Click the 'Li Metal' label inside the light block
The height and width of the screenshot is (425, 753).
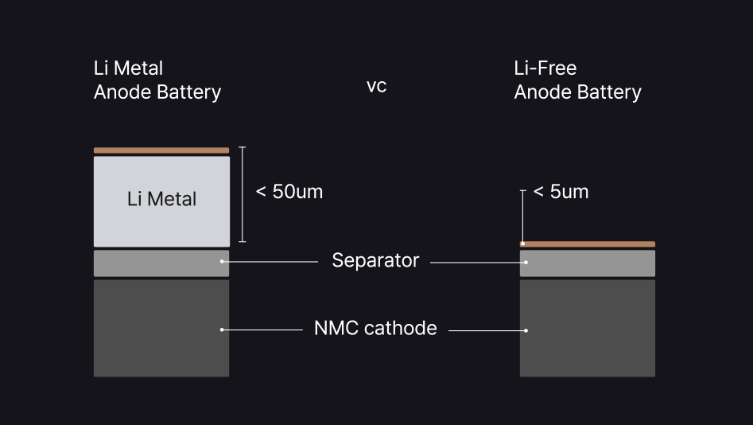coord(161,199)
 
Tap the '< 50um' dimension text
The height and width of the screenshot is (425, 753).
coord(289,192)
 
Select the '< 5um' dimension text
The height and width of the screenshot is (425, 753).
coord(561,192)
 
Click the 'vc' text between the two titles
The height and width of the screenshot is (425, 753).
coord(376,87)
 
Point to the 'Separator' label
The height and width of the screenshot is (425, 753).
coord(375,260)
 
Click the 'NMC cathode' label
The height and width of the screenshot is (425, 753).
coord(375,328)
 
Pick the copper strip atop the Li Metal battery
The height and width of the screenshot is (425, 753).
coord(161,150)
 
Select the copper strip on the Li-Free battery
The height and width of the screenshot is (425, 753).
coord(588,244)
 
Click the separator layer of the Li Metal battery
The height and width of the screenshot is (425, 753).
coord(161,263)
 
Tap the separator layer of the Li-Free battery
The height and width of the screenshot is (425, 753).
coord(588,263)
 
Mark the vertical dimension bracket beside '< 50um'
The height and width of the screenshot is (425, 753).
coord(243,194)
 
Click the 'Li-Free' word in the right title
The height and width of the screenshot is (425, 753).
coord(545,68)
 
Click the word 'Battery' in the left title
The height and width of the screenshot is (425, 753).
coord(188,92)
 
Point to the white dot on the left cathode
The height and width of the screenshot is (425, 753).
coord(222,329)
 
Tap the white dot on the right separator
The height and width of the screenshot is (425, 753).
coord(526,262)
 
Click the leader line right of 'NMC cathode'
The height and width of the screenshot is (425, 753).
coord(485,329)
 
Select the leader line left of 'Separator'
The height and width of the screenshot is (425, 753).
coord(270,261)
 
